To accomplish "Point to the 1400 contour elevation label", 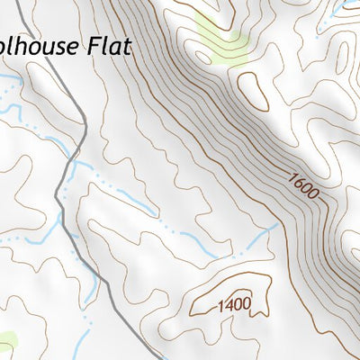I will click(x=233, y=305).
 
